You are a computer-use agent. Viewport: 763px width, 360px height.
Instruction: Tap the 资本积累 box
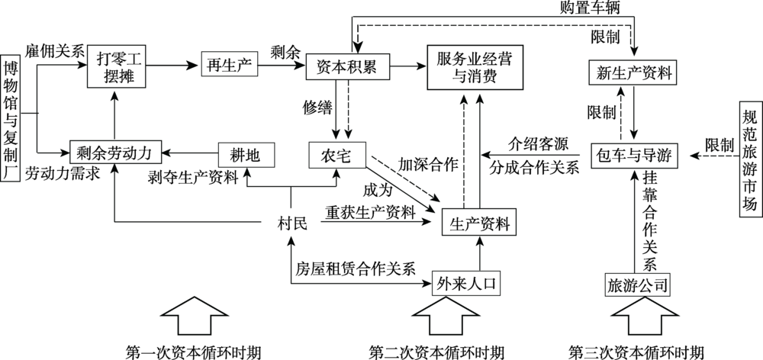coord(348,67)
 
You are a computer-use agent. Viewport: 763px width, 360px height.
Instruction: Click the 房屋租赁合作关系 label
coord(355,268)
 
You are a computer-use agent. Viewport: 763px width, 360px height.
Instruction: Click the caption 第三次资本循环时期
coord(635,352)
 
